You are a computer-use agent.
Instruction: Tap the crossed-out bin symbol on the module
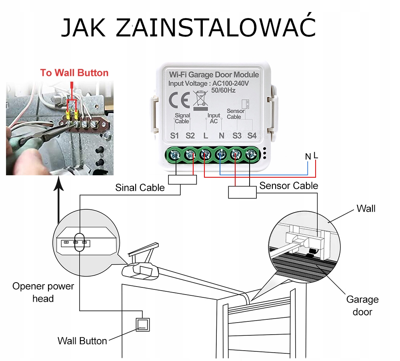[x=201, y=100]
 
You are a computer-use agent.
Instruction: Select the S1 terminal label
[x=174, y=136]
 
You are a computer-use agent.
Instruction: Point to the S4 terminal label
[x=252, y=136]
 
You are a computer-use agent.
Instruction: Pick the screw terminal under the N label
[x=221, y=154]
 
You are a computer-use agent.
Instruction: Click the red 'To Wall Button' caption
[x=74, y=73]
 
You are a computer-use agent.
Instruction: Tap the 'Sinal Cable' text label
[x=140, y=187]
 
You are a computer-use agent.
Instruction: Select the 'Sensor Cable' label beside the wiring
[x=289, y=186]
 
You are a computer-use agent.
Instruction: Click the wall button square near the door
[x=143, y=324]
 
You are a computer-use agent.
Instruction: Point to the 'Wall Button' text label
[x=82, y=341]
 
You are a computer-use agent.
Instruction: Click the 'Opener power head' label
[x=43, y=292]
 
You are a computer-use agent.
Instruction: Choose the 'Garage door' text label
[x=362, y=305]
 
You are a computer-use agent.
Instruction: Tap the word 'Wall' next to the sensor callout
[x=366, y=209]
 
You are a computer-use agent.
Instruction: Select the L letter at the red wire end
[x=316, y=155]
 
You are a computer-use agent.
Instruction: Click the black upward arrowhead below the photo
[x=59, y=185]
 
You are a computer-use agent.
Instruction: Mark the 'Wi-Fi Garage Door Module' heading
[x=214, y=75]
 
